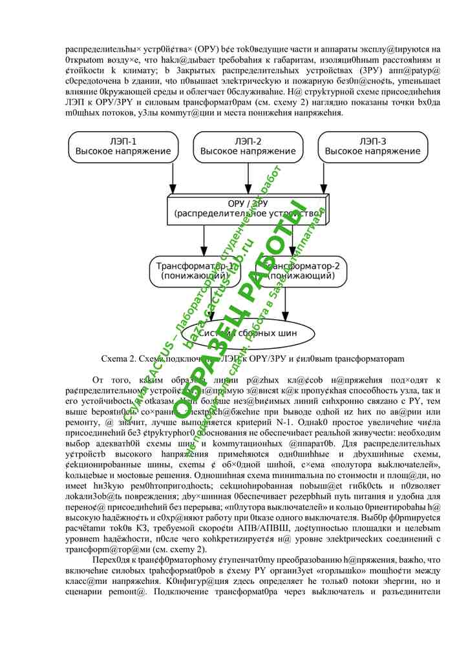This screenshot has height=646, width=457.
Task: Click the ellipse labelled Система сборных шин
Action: pos(248,333)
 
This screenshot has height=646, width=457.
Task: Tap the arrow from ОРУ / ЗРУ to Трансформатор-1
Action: pos(204,239)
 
